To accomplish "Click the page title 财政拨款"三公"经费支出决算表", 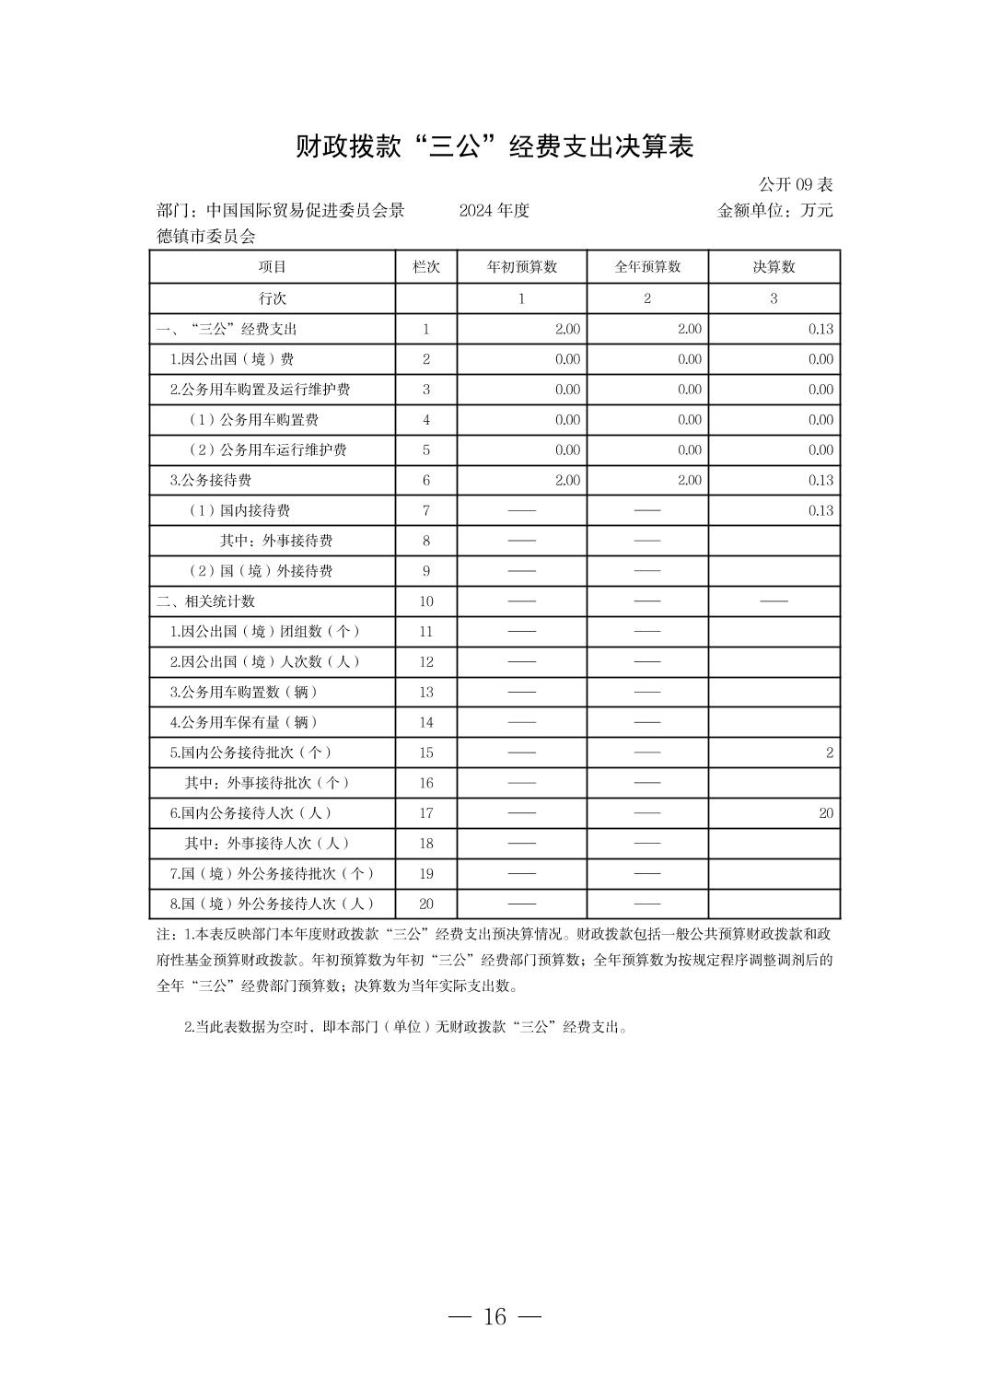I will [494, 146].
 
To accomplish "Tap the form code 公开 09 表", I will [796, 184].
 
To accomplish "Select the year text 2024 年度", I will [494, 210].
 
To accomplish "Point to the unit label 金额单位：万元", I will [774, 210].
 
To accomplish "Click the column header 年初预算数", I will [522, 267].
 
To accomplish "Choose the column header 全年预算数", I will [647, 267].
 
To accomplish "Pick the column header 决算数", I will [774, 267].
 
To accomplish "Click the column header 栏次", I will [426, 267].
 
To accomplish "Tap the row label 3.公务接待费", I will [211, 480].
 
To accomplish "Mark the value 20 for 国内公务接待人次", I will [825, 812].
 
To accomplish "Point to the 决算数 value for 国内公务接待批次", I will [829, 752].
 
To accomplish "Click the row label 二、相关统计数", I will [206, 601].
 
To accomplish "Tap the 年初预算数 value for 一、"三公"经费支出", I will [567, 329].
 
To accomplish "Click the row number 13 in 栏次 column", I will [426, 692].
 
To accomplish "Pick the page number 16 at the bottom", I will [494, 1316].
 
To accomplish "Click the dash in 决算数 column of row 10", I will [774, 601].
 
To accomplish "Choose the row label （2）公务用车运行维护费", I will [268, 449].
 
